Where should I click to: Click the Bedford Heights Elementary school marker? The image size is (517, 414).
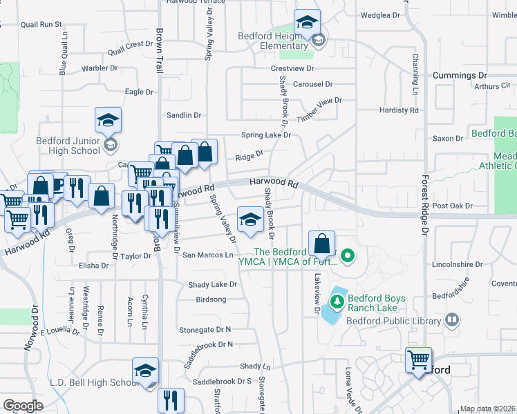pyautogui.click(x=307, y=23)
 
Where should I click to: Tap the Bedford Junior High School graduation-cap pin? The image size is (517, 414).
pyautogui.click(x=108, y=121)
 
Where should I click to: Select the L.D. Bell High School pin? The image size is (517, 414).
pyautogui.click(x=146, y=372)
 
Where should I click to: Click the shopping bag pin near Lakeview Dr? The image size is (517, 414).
pyautogui.click(x=321, y=244)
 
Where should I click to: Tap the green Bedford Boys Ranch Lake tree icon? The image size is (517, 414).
pyautogui.click(x=337, y=302)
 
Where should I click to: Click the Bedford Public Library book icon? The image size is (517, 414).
pyautogui.click(x=451, y=319)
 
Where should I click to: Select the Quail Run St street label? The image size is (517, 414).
pyautogui.click(x=41, y=24)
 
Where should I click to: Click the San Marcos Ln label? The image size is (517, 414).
pyautogui.click(x=207, y=255)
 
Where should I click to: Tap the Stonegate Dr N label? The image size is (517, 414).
pyautogui.click(x=205, y=331)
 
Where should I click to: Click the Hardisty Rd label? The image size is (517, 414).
pyautogui.click(x=399, y=110)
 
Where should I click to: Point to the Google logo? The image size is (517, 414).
pyautogui.click(x=23, y=406)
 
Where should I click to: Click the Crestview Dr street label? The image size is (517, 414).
pyautogui.click(x=292, y=68)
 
